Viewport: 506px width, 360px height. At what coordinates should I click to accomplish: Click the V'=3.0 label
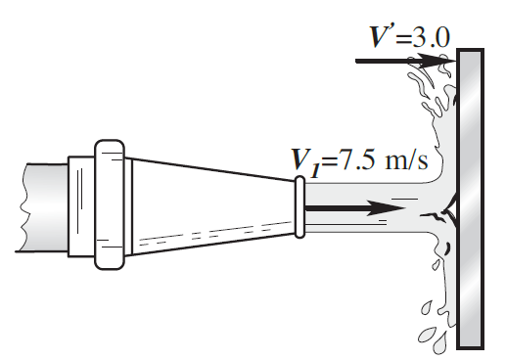[x=409, y=36]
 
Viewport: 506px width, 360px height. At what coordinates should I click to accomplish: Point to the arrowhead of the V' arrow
[x=433, y=61]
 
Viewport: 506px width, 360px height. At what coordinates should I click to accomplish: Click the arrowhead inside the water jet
[x=386, y=208]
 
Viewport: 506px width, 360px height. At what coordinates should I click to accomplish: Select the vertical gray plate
[x=470, y=199]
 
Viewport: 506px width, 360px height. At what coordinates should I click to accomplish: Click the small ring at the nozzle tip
[x=299, y=207]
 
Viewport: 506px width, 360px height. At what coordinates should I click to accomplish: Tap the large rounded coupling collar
[x=110, y=204]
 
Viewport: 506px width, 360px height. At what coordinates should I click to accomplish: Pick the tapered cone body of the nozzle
[x=212, y=206]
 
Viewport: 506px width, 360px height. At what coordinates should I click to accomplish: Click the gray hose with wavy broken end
[x=42, y=207]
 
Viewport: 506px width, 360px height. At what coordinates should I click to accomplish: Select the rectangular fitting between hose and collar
[x=81, y=206]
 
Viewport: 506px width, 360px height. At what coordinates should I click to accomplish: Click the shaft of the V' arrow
[x=389, y=61]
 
